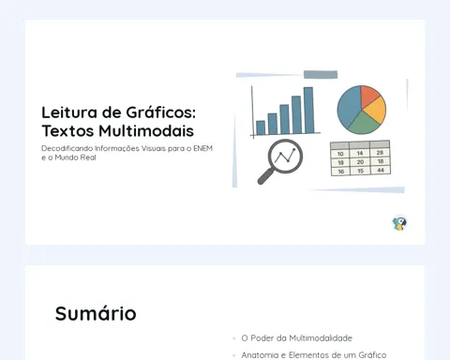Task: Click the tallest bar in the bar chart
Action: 308,111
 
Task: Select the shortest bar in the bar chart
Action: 261,127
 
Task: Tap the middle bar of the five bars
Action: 284,119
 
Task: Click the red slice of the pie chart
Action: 368,95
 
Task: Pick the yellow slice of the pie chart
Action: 376,110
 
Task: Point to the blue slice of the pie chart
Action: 349,106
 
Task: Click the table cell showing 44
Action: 381,171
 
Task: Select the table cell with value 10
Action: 340,154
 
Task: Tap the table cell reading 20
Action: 360,162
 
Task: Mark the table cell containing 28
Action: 380,153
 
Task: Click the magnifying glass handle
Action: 265,176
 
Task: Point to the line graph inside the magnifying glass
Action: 285,156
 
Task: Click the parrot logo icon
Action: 399,223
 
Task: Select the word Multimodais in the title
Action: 146,130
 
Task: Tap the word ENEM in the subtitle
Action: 202,148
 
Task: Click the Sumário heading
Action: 96,313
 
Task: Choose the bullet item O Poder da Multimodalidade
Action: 296,338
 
